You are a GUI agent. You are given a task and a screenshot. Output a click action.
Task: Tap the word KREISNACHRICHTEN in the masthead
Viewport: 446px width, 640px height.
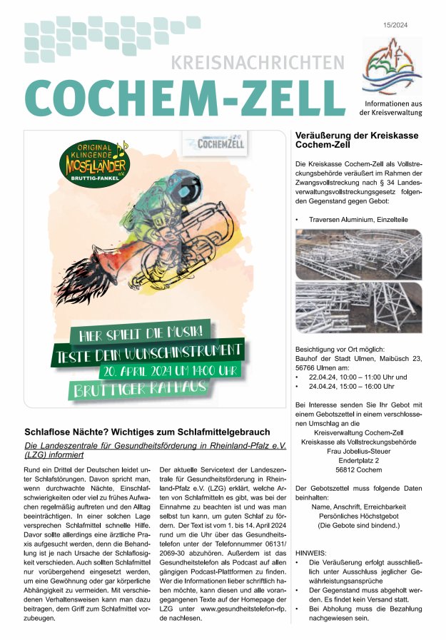[x=257, y=64]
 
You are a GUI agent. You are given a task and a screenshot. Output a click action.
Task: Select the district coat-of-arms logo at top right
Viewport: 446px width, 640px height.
[x=392, y=69]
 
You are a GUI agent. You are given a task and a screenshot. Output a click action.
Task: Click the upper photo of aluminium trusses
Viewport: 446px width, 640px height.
[x=358, y=254]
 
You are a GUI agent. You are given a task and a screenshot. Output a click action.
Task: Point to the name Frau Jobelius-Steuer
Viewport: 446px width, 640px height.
[x=358, y=452]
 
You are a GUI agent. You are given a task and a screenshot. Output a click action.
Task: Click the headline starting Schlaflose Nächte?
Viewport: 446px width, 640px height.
[x=147, y=432]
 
